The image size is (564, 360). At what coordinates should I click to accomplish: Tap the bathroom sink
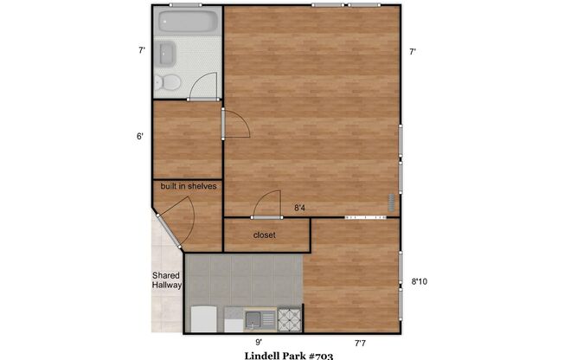coord(167,55)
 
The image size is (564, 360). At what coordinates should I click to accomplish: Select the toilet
coord(168,83)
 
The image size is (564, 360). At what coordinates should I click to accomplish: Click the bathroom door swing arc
coord(203,85)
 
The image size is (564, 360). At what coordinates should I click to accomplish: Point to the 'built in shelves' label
coord(188,186)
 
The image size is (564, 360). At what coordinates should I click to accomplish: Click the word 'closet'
coord(265,235)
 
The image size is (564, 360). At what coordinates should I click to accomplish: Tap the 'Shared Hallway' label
coord(166,280)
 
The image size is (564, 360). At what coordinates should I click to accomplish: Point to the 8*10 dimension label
coord(420,280)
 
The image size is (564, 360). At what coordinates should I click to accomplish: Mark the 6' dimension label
coord(140,137)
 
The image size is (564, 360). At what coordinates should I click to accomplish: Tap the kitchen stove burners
coord(288,319)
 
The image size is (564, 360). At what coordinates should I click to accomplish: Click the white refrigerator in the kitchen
coord(202,318)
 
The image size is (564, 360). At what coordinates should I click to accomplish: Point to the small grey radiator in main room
coord(391,204)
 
